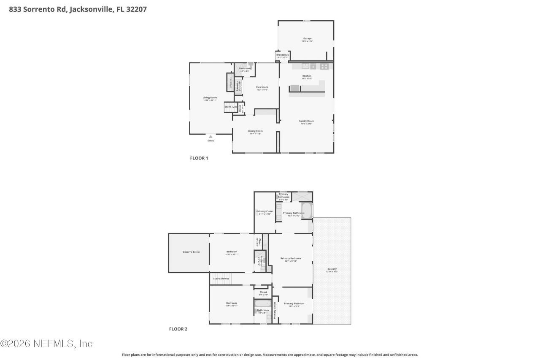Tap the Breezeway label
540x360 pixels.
(282, 55)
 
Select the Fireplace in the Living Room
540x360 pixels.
(230, 82)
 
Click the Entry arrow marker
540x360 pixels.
(211, 136)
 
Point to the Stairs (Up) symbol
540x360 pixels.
(230, 107)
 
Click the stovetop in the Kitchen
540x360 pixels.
(324, 66)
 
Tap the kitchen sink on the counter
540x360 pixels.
(313, 66)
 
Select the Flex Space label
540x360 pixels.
(262, 87)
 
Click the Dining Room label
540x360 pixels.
(255, 131)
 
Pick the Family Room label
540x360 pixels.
(307, 121)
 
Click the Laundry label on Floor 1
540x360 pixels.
(238, 87)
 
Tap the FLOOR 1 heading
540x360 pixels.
(199, 158)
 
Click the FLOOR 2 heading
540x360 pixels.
(178, 329)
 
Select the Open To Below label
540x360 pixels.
(191, 252)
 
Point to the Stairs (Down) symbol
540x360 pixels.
(221, 279)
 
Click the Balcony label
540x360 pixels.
(332, 269)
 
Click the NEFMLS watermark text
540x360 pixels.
(46, 344)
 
